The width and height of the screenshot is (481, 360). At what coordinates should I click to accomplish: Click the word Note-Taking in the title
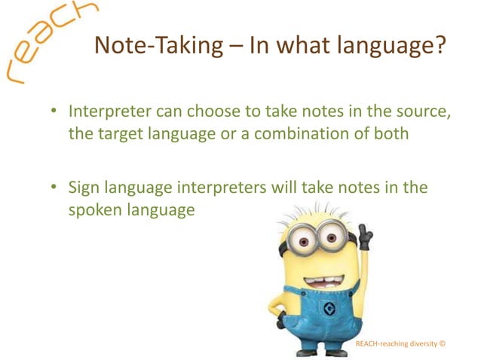146,47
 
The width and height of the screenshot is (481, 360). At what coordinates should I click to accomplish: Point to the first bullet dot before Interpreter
54,112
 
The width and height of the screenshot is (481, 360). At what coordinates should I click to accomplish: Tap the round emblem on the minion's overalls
329,309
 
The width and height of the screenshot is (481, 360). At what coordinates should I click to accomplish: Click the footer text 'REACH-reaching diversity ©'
400,344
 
